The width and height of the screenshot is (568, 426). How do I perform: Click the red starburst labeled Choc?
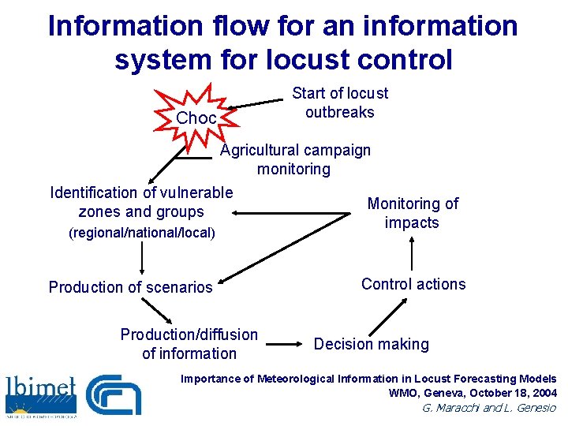point(195,118)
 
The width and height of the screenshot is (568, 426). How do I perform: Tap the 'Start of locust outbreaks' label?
point(340,103)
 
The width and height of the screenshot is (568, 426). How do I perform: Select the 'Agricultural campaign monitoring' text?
point(294,159)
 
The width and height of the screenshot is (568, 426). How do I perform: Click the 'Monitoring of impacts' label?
point(412,213)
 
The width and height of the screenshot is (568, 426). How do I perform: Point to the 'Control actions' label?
point(413,284)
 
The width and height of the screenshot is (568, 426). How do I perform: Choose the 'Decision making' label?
point(372,344)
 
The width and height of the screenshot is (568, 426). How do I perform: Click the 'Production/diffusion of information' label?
point(189,344)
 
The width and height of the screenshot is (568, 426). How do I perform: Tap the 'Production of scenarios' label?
point(131,287)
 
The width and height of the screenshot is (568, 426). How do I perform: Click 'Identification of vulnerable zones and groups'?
point(141,202)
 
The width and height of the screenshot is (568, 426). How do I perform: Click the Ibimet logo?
point(41,393)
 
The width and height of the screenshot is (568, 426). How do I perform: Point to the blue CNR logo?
point(114,394)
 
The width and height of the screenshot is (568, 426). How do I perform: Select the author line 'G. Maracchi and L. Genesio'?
point(489,408)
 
